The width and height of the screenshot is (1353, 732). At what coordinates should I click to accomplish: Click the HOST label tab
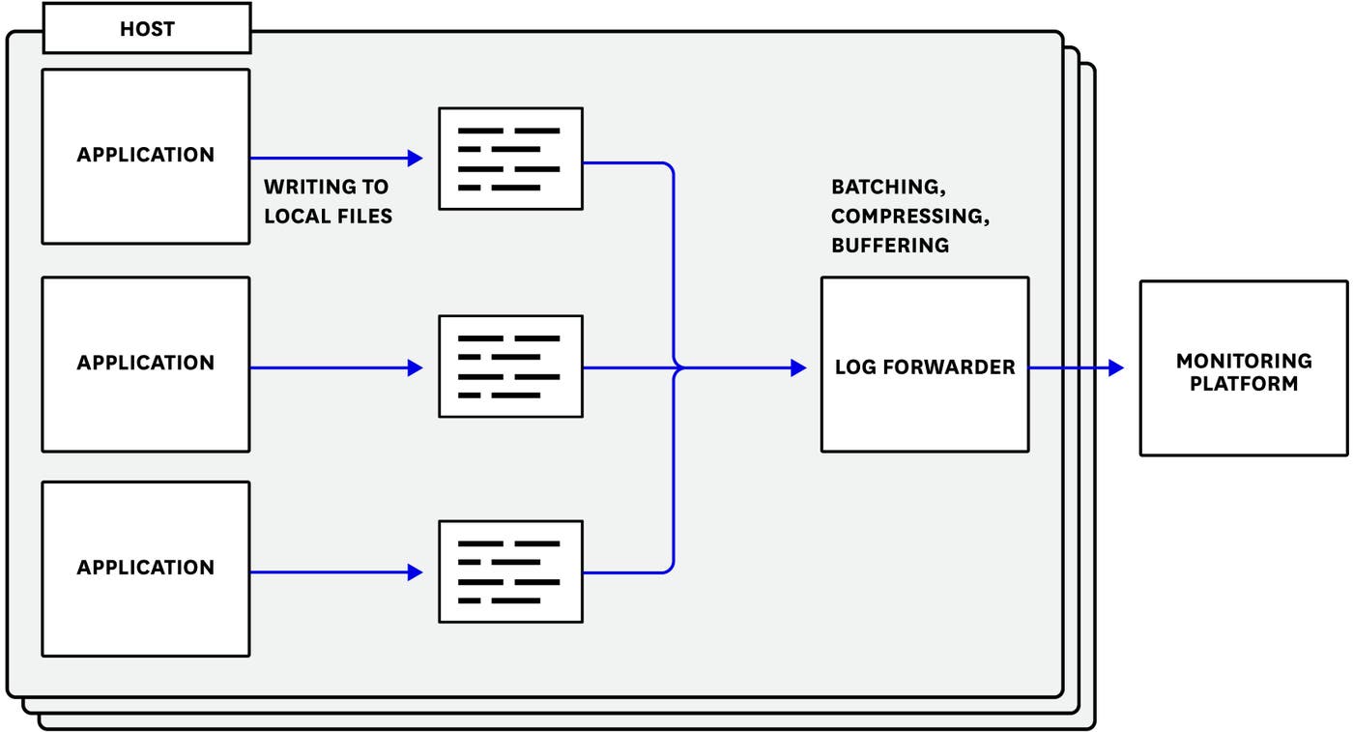pyautogui.click(x=147, y=30)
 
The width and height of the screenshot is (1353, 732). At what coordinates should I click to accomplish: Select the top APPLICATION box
pyautogui.click(x=146, y=156)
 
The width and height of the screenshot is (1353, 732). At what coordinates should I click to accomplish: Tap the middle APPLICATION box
pyautogui.click(x=146, y=364)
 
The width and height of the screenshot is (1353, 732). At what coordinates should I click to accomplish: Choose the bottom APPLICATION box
pyautogui.click(x=146, y=569)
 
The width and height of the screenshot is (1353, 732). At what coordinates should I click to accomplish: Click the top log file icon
pyautogui.click(x=510, y=159)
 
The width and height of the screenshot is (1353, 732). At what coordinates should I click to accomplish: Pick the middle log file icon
pyautogui.click(x=510, y=366)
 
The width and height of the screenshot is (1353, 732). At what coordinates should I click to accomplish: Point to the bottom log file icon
pyautogui.click(x=510, y=571)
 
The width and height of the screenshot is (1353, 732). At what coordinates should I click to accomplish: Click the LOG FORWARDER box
pyautogui.click(x=925, y=365)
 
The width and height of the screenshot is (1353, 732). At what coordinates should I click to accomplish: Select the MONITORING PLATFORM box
pyautogui.click(x=1244, y=368)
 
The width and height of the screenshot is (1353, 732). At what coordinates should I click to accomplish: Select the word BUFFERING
pyautogui.click(x=890, y=246)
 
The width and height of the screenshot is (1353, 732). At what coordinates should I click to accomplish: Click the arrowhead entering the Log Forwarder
pyautogui.click(x=798, y=367)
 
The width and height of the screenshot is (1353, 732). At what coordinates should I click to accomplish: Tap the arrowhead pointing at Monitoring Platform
pyautogui.click(x=1116, y=367)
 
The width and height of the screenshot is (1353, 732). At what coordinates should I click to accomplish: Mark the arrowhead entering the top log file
pyautogui.click(x=416, y=159)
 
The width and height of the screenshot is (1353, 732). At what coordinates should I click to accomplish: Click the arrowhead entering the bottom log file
pyautogui.click(x=416, y=572)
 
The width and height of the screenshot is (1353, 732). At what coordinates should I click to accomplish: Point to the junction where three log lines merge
pyautogui.click(x=676, y=367)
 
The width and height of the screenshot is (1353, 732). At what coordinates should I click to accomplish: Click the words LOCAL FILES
pyautogui.click(x=329, y=217)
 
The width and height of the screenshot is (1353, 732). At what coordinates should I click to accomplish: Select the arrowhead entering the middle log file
pyautogui.click(x=416, y=367)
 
